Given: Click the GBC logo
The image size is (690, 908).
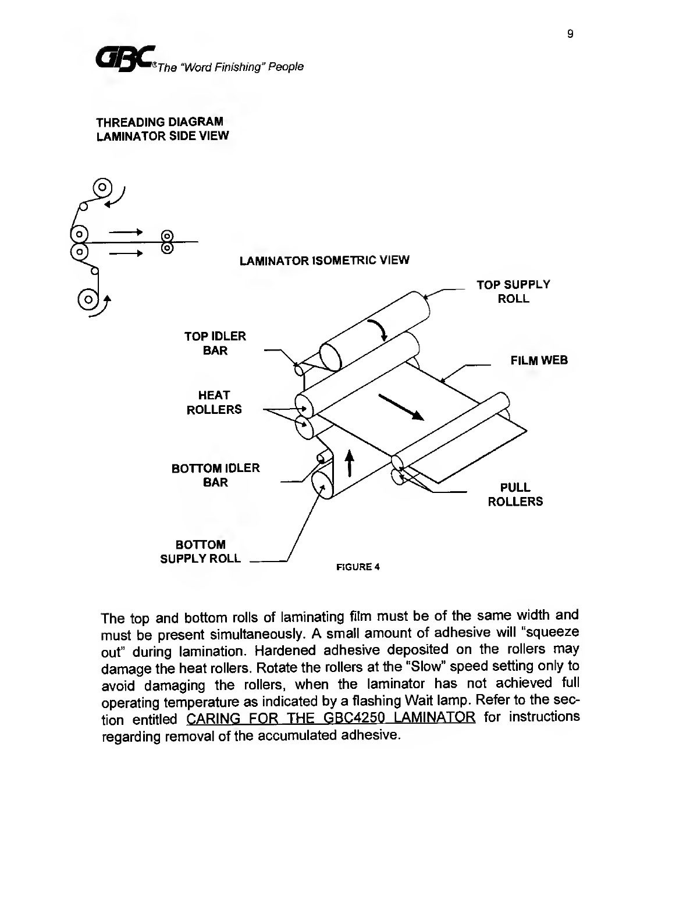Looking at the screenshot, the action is tap(125, 59).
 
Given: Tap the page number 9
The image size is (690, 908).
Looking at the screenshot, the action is tap(570, 34).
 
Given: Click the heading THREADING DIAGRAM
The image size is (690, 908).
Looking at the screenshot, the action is tap(159, 122).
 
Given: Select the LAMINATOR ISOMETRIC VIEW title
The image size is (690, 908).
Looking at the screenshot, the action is tap(324, 260).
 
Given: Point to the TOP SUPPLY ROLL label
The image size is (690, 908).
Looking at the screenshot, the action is tap(513, 291).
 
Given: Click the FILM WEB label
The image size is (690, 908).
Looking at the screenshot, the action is tap(539, 360).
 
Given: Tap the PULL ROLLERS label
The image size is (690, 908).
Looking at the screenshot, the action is tap(515, 494).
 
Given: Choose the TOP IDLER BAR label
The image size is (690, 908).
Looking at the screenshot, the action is tap(215, 343).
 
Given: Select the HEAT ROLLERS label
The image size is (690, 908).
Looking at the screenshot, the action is tap(214, 402).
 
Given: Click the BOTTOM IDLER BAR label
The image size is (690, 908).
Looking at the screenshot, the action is tap(215, 475).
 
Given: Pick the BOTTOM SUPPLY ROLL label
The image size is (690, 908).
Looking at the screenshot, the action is tap(200, 552).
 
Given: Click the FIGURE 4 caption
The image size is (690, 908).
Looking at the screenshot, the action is tap(358, 567).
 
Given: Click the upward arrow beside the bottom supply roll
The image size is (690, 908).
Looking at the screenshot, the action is tap(349, 463).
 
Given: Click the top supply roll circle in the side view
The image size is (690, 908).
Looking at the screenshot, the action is tap(102, 187).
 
